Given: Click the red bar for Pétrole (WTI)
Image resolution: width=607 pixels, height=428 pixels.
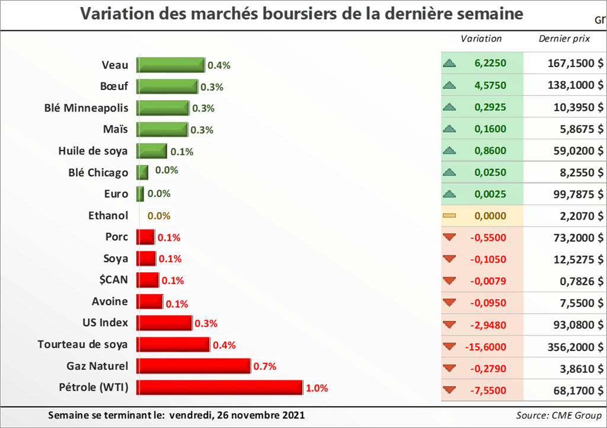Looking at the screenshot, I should pos(220,388).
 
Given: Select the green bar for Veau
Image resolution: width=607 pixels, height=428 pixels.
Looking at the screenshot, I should pos(171,65).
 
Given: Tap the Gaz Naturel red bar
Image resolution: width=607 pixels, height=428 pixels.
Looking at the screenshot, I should pos(194,366).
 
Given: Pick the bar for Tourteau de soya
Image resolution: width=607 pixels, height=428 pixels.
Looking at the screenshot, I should pos(173,344).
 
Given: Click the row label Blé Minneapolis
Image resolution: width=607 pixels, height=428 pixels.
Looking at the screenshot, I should pos(87,108).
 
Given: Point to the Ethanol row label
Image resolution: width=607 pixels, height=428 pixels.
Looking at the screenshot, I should pos(108,216).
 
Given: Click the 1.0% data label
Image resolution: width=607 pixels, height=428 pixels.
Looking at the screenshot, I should pos(317,388).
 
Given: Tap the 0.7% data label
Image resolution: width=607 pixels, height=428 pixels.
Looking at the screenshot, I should pos(265,366).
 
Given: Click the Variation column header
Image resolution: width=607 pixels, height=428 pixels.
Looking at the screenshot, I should pos(481,39).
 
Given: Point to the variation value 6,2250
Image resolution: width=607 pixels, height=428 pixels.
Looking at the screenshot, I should pos(490,63).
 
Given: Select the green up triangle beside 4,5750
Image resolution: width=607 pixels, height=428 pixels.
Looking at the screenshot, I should pos(449,85).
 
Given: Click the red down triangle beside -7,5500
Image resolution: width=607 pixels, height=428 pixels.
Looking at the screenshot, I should pos(449,390).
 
